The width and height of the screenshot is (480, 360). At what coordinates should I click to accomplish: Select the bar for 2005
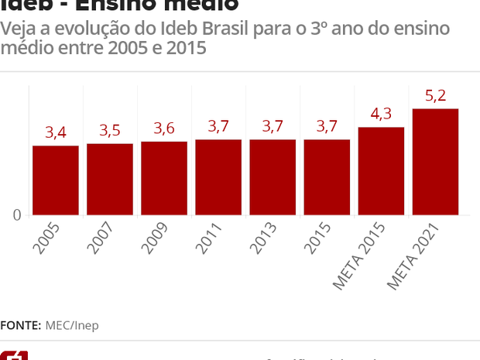click(x=56, y=180)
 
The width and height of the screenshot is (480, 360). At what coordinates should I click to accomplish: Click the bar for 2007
click(x=110, y=180)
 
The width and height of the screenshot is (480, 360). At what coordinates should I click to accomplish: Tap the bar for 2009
click(x=164, y=178)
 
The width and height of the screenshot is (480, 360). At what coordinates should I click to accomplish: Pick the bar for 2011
click(x=218, y=177)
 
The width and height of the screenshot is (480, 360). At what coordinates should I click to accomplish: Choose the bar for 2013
click(x=273, y=177)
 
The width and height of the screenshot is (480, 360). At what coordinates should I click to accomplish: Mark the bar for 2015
click(x=327, y=177)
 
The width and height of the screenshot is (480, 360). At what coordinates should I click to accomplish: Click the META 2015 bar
click(x=381, y=171)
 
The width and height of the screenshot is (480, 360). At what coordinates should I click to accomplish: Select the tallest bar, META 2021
click(x=435, y=162)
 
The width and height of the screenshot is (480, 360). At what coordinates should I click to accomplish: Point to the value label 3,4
click(x=56, y=132)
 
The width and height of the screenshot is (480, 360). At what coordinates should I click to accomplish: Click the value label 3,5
click(x=110, y=130)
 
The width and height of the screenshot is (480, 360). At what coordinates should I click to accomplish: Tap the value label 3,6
click(x=164, y=128)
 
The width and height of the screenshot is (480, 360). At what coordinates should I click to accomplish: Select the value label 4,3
click(x=381, y=114)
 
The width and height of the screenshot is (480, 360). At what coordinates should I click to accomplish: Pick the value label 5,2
click(x=435, y=96)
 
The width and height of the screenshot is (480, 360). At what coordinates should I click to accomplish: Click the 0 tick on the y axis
click(x=16, y=215)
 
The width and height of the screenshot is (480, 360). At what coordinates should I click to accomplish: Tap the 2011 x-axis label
click(x=211, y=239)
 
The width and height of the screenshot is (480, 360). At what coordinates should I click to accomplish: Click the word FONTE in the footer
click(x=21, y=325)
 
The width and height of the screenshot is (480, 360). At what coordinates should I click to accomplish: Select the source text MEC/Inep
click(x=72, y=325)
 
